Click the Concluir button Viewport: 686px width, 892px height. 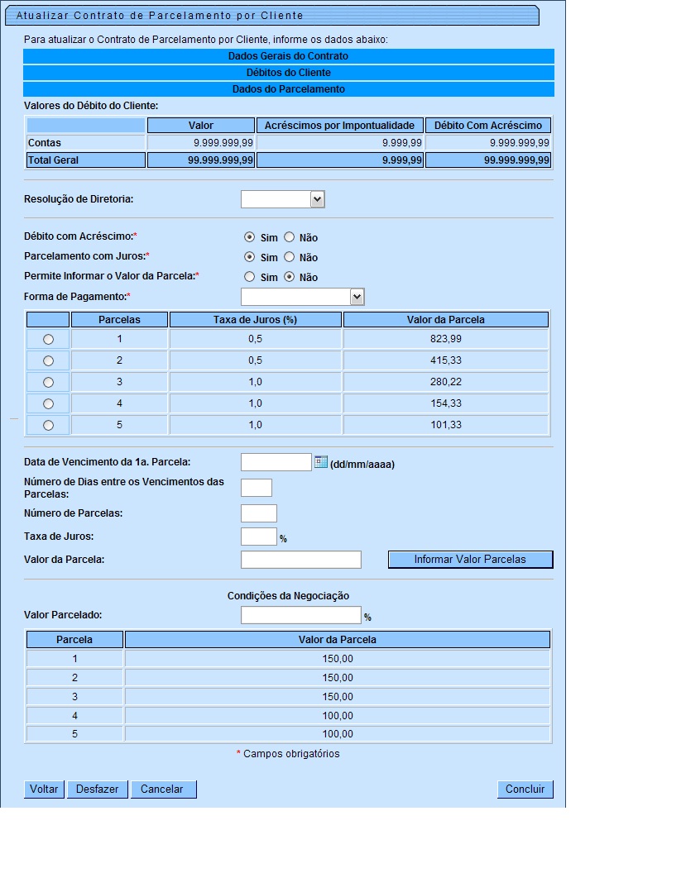pyautogui.click(x=525, y=789)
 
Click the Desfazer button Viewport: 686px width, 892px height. pyautogui.click(x=97, y=789)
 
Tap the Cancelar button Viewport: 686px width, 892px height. pyautogui.click(x=163, y=789)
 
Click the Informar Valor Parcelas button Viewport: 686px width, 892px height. pyautogui.click(x=470, y=560)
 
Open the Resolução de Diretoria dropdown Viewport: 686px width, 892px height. pyautogui.click(x=317, y=199)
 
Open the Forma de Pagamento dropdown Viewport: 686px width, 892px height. pyautogui.click(x=357, y=297)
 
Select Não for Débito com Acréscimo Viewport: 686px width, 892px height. pyautogui.click(x=290, y=237)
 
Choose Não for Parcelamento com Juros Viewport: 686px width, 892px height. pyautogui.click(x=290, y=257)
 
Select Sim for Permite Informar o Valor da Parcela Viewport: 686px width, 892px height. pyautogui.click(x=250, y=277)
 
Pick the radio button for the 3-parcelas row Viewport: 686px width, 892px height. pyautogui.click(x=48, y=382)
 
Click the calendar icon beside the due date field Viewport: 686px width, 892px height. pyautogui.click(x=321, y=462)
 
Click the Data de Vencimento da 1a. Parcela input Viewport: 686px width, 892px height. pyautogui.click(x=276, y=462)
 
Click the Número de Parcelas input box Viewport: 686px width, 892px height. pyautogui.click(x=258, y=513)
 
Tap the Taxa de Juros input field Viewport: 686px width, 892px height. pyautogui.click(x=258, y=537)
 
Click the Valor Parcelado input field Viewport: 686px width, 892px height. pyautogui.click(x=300, y=615)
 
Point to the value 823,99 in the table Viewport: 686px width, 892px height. pyautogui.click(x=445, y=339)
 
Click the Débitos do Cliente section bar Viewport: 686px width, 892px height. pyautogui.click(x=288, y=73)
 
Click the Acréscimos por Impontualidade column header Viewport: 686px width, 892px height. pyautogui.click(x=339, y=126)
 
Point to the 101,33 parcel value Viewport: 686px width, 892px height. pyautogui.click(x=445, y=425)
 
